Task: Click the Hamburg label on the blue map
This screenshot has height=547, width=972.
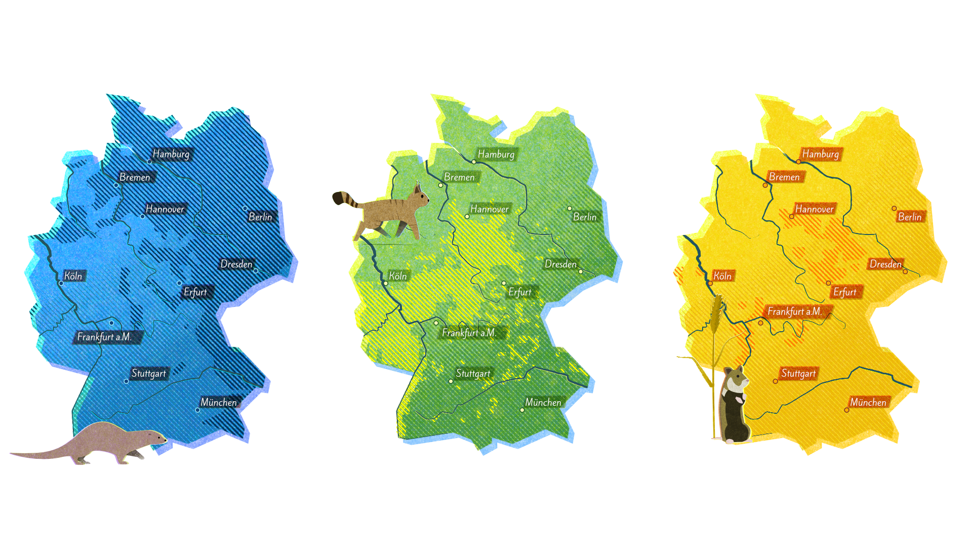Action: pyautogui.click(x=171, y=154)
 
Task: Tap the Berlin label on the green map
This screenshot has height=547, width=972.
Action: pyautogui.click(x=585, y=217)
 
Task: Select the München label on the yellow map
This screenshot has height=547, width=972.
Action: pyautogui.click(x=868, y=402)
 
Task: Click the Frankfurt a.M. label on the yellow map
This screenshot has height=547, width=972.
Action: pyautogui.click(x=794, y=311)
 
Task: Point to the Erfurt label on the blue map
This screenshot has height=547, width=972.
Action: pyautogui.click(x=195, y=292)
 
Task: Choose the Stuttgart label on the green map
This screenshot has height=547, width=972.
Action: pyautogui.click(x=473, y=373)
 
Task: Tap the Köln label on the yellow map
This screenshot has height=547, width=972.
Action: pyautogui.click(x=722, y=276)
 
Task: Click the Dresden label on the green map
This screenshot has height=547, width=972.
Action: pyautogui.click(x=560, y=264)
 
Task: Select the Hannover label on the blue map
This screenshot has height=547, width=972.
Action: pyautogui.click(x=165, y=209)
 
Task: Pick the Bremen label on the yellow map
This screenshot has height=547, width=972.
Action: pyautogui.click(x=784, y=177)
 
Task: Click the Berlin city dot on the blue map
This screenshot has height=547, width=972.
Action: pyautogui.click(x=245, y=208)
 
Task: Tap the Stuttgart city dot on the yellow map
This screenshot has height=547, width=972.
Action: pyautogui.click(x=775, y=381)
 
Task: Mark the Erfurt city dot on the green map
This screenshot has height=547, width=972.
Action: pyautogui.click(x=504, y=283)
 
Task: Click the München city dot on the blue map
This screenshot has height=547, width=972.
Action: pyautogui.click(x=197, y=410)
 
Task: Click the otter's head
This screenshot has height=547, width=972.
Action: pyautogui.click(x=154, y=437)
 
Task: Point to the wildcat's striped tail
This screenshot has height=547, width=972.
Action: pyautogui.click(x=344, y=199)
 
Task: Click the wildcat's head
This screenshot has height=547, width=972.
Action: pyautogui.click(x=420, y=196)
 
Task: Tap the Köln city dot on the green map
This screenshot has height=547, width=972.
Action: pyautogui.click(x=385, y=283)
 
